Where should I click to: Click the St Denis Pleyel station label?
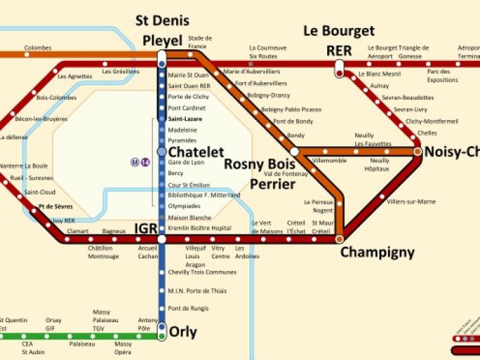(162, 30)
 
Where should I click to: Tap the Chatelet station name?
(196, 152)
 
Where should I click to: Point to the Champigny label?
(377, 252)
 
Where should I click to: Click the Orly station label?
(183, 333)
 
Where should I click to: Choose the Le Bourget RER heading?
(339, 40)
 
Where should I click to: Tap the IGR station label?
(145, 228)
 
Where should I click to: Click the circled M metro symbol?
(135, 163)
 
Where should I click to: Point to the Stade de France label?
(200, 42)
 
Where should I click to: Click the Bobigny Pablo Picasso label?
(291, 109)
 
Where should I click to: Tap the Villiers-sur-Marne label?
(411, 202)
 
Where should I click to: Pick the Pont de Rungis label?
(187, 308)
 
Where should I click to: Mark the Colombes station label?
(38, 48)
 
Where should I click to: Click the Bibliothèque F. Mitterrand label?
(204, 195)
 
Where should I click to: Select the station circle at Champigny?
(339, 239)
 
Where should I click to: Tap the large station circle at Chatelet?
(162, 152)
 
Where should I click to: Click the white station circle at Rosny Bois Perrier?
(294, 152)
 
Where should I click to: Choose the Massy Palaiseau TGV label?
(101, 320)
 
